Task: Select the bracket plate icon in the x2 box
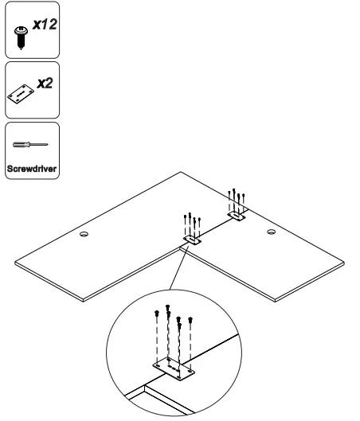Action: (x=22, y=92)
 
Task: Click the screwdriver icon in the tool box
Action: (x=30, y=145)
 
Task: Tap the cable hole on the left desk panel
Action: (x=84, y=235)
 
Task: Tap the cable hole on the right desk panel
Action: (x=271, y=232)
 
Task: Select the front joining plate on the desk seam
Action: (x=192, y=239)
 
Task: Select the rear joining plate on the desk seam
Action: (x=237, y=215)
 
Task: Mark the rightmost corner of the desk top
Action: (x=346, y=262)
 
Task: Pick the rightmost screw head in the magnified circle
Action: (x=191, y=320)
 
